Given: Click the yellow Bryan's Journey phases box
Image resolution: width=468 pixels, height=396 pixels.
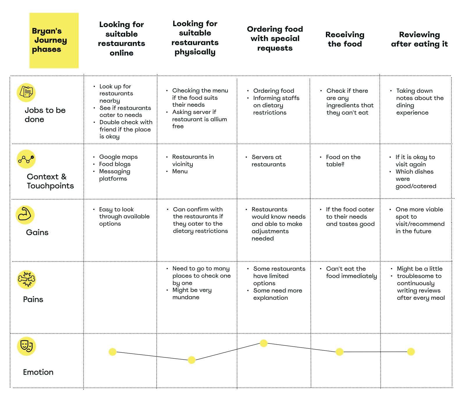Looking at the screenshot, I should click(54, 40).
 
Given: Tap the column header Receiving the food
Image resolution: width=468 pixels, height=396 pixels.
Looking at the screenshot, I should click(345, 39).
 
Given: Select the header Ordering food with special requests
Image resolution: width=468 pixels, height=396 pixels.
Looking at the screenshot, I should click(275, 38).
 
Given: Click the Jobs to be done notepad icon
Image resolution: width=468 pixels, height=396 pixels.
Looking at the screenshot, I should click(26, 92).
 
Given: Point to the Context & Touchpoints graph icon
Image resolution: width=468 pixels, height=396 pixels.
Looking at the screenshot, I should click(26, 159).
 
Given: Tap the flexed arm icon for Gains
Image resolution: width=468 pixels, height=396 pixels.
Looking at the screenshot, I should click(25, 215).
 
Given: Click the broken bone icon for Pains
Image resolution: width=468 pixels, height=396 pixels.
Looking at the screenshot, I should click(26, 279).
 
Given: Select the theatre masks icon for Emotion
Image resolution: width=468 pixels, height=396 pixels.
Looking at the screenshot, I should click(26, 346).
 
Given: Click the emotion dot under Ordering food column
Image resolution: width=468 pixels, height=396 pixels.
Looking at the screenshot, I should click(264, 343).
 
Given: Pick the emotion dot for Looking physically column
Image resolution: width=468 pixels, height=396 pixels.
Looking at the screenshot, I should click(192, 360).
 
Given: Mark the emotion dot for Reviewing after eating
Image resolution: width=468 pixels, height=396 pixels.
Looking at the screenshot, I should click(411, 352).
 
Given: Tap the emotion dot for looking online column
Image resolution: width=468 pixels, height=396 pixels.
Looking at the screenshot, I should click(113, 352).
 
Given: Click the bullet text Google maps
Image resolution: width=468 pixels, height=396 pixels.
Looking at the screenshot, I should click(118, 157).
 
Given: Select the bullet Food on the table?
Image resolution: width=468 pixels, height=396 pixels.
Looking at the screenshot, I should click(343, 160).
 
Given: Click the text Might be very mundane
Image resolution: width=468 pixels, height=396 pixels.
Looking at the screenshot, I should click(192, 293).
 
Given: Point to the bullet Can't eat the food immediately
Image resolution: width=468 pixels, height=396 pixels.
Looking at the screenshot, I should click(351, 272).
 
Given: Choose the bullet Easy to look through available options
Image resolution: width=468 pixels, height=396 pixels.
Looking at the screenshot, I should click(124, 216).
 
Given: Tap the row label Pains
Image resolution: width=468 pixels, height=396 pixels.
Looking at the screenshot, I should click(33, 299).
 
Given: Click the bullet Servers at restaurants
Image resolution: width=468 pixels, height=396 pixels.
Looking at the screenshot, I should click(268, 160).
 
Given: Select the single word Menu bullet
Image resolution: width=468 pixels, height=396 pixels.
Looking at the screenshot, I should click(180, 171).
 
